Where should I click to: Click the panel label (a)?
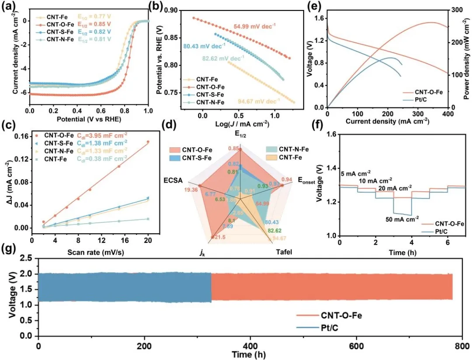[8, 7]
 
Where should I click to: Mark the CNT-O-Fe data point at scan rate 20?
[148, 142]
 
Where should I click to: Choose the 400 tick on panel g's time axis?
[250, 344]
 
